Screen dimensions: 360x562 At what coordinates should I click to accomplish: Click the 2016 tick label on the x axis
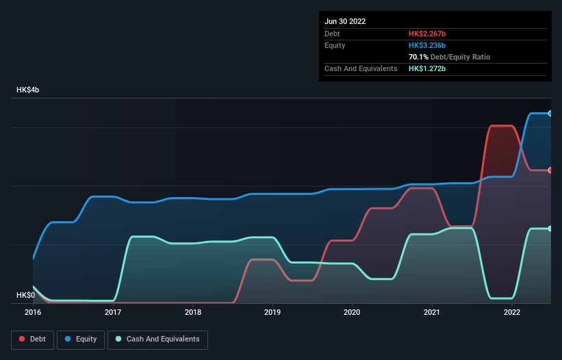coord(33,312)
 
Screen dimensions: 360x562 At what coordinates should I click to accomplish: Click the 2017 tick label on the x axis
coord(113,312)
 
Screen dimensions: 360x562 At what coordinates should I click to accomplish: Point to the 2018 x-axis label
coord(193,312)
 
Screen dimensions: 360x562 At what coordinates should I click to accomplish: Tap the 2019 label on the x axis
coord(272,312)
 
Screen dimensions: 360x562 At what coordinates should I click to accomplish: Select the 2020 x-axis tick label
coord(353,312)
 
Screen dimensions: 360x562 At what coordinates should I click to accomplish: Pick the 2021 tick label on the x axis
coord(432,312)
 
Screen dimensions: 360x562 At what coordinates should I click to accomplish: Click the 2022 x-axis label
coord(512,312)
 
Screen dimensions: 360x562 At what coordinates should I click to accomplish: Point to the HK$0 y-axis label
coord(27,295)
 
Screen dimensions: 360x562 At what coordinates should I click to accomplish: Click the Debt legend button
coord(32,339)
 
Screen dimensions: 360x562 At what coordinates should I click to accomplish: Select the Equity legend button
coord(81,339)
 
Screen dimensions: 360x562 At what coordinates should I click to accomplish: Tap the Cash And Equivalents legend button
coord(157,339)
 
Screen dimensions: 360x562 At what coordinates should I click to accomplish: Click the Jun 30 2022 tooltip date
coord(345,21)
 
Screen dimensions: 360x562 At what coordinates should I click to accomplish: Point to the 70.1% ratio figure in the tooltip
coord(419,57)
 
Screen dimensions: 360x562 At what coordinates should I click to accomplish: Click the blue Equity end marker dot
coord(550,113)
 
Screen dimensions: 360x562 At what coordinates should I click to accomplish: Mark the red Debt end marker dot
coord(550,170)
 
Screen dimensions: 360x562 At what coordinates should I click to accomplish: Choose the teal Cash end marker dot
coord(550,229)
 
